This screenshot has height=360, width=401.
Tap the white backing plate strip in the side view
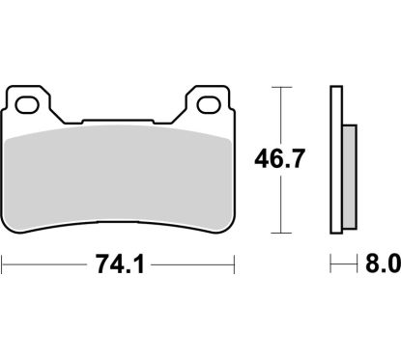coord(336,159)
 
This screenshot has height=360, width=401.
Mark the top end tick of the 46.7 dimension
coord(280,88)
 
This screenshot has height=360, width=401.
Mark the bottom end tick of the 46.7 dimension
coord(280,233)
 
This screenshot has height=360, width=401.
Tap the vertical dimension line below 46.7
coord(280,203)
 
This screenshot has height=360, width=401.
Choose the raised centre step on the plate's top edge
coord(119,122)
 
